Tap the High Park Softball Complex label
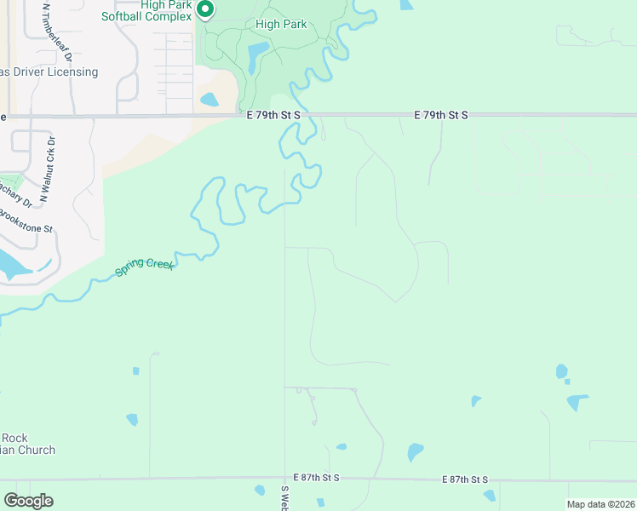click(152, 10)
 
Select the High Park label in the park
click(281, 24)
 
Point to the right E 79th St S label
click(441, 114)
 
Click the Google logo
click(28, 501)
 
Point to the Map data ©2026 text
click(600, 504)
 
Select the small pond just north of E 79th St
click(209, 100)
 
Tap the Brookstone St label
click(26, 219)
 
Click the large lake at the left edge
click(10, 265)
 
